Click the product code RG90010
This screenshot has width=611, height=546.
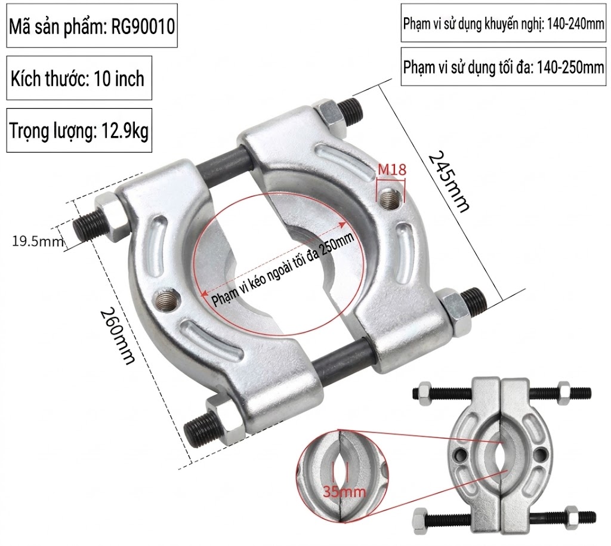[143, 26]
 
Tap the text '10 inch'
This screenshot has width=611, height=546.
[119, 79]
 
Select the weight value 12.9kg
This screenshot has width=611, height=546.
[125, 131]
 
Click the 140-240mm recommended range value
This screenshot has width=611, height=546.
[576, 24]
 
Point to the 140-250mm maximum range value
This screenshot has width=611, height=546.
[570, 67]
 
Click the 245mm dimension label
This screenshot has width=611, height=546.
[449, 181]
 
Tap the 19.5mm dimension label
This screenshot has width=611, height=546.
[38, 241]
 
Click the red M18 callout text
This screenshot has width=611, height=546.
[392, 169]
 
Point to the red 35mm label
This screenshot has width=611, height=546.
[344, 492]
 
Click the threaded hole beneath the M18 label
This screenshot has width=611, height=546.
[390, 198]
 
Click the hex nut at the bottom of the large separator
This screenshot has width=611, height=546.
[225, 421]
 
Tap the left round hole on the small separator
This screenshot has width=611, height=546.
[461, 455]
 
